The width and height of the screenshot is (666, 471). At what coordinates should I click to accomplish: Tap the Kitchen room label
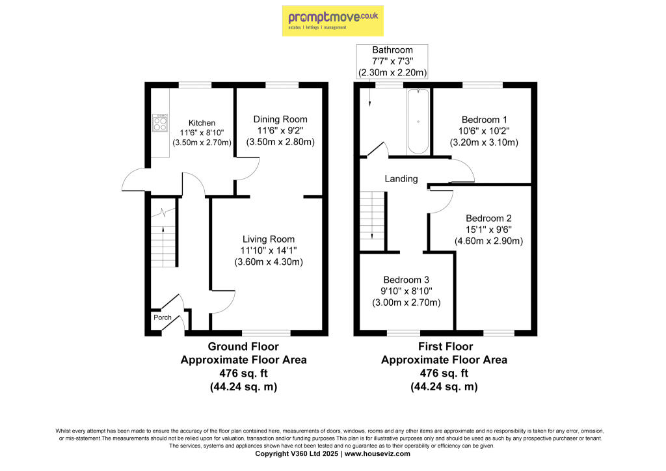[202, 123]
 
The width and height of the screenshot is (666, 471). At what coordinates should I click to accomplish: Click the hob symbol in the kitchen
[160, 123]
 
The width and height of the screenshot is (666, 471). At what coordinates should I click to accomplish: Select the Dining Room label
[280, 119]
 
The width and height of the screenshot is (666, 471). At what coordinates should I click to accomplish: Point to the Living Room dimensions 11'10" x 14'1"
[269, 250]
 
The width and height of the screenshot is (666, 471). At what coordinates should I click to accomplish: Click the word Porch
[162, 318]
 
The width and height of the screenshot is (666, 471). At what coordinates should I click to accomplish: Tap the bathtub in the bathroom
[418, 122]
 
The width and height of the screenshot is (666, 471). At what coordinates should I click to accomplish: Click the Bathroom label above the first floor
[392, 49]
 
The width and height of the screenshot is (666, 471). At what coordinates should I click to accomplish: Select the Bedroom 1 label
[484, 120]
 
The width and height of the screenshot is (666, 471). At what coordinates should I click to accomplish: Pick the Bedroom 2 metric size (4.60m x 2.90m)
[488, 241]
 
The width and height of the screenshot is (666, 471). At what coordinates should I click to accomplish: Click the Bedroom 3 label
[406, 280]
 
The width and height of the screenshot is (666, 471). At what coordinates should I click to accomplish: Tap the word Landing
[401, 179]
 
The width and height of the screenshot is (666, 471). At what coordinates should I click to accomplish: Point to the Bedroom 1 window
[482, 84]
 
